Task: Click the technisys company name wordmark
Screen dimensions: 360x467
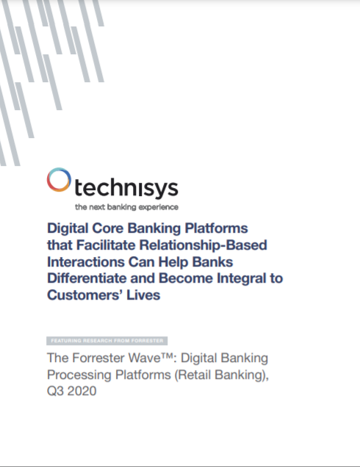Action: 126,188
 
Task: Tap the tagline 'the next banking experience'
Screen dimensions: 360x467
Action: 126,207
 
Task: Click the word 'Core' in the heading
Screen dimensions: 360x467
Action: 108,228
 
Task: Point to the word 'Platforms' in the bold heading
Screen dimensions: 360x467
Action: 216,228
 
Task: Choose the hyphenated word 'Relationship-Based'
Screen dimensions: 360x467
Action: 204,245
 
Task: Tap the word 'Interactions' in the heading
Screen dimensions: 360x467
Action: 86,262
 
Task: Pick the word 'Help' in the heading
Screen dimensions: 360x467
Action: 173,262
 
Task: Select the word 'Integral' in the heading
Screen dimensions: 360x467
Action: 242,279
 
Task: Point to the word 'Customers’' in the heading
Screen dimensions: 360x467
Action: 85,295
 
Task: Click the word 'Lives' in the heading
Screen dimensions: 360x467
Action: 143,295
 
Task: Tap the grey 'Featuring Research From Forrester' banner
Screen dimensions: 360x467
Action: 107,341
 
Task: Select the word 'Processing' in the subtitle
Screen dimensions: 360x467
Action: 79,375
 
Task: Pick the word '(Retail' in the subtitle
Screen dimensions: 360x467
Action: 192,374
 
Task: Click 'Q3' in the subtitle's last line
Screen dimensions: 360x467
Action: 55,391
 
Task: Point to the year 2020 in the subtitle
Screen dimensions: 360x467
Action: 82,391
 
